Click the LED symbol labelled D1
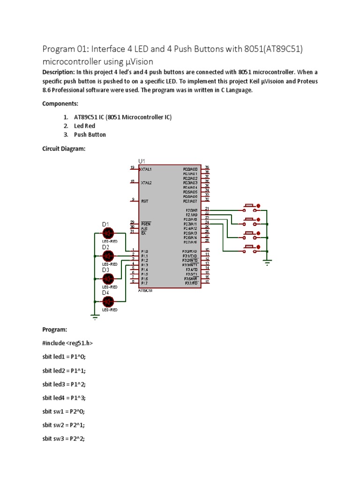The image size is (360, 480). coord(109,233)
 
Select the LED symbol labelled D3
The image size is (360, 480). coord(109,278)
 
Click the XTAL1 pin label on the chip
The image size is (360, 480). coord(146,168)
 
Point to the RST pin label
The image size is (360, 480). coord(144,201)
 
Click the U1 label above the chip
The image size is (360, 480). coord(142,161)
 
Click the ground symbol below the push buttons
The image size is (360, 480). coord(267,263)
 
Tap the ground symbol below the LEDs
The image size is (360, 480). coord(95,318)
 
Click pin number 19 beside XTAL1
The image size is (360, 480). coord(132,167)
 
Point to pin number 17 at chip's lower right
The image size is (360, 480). coord(207,282)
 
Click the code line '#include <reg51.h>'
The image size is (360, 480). coord(67,343)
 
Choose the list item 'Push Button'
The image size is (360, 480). coord(90,135)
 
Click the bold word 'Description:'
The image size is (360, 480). coord(58,72)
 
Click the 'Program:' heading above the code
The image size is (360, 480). coord(55,330)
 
